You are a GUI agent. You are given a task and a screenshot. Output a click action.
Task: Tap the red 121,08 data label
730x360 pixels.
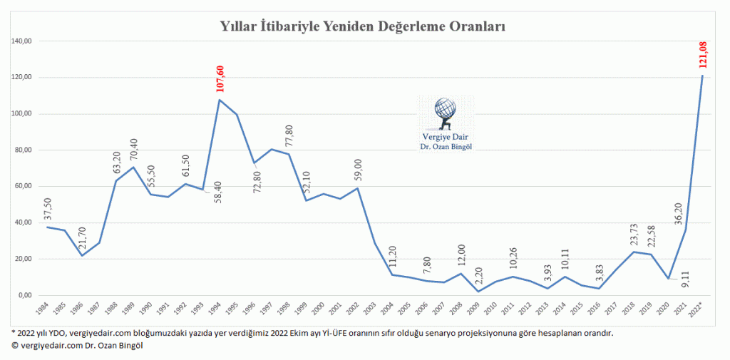point(704,55)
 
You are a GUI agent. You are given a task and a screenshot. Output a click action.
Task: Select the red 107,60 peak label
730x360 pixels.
point(220,79)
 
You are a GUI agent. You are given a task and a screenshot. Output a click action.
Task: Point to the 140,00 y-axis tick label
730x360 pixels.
point(21,41)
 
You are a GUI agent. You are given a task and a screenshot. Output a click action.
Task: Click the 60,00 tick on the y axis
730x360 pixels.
point(23,186)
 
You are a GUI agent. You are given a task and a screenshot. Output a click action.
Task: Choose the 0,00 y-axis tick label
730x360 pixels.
point(24,295)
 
